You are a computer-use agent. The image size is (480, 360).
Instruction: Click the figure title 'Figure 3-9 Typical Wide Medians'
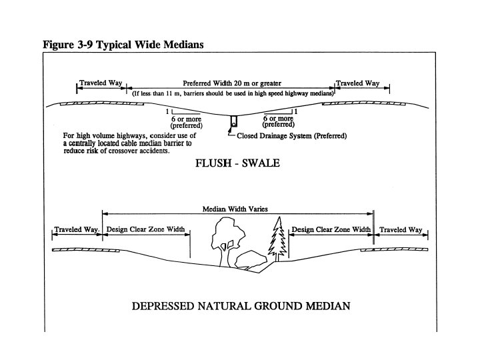[123, 45]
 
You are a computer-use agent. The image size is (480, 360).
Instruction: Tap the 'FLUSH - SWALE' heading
[237, 162]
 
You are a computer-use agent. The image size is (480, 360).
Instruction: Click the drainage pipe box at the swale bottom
[235, 123]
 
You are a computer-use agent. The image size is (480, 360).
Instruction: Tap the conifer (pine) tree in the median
[275, 238]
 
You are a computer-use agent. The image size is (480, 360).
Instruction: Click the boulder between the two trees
[251, 260]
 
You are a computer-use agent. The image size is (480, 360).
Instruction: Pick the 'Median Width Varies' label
[235, 209]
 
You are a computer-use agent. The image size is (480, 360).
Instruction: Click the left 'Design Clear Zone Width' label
[145, 230]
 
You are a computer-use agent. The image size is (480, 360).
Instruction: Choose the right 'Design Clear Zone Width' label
[331, 230]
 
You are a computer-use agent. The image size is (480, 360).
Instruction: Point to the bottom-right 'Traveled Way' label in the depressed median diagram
[401, 230]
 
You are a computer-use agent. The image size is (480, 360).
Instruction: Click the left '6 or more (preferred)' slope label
[186, 122]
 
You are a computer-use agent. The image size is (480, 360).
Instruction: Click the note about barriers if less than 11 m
[233, 94]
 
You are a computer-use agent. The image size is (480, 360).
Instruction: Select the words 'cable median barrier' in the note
[139, 143]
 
